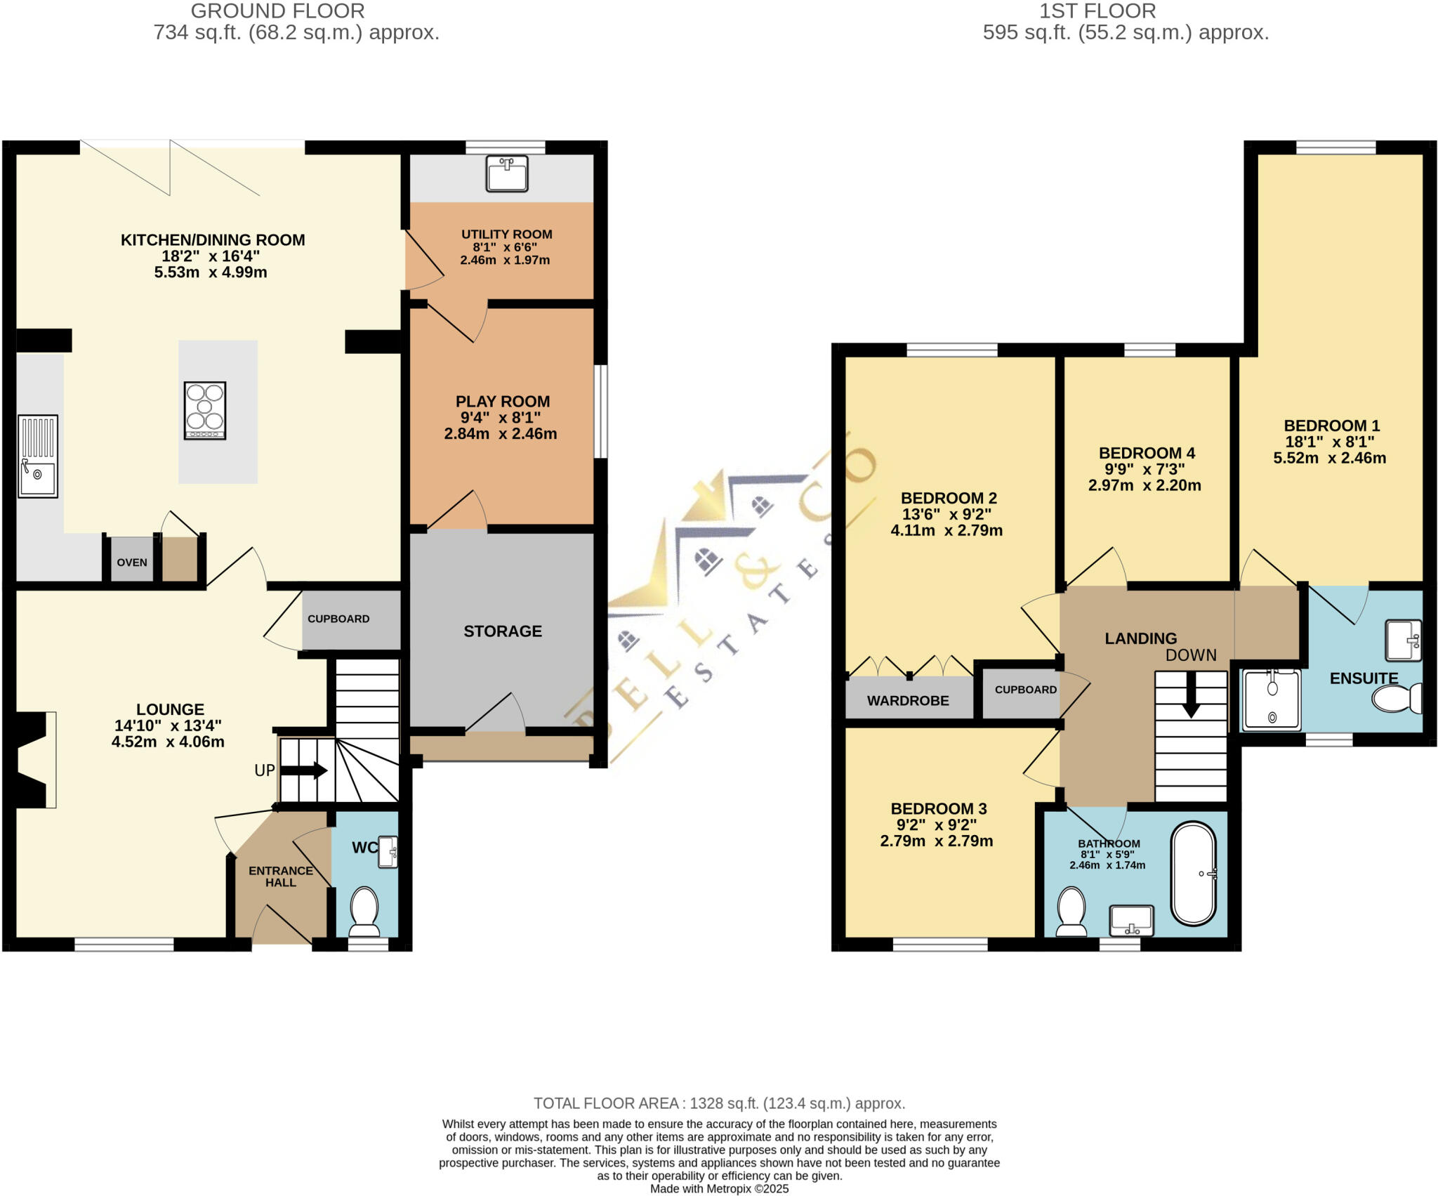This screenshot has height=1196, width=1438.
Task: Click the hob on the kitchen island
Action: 205,410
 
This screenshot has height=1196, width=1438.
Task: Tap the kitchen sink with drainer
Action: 38,456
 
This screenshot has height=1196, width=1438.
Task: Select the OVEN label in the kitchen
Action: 132,563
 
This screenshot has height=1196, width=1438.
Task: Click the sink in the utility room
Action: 507,173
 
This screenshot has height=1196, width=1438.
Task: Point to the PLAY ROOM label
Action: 503,402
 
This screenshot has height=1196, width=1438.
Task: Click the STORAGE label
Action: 503,631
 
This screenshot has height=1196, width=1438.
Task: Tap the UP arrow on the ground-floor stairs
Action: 304,770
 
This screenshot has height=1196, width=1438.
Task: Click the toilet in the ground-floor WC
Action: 364,911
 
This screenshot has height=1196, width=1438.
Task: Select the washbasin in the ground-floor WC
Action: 388,852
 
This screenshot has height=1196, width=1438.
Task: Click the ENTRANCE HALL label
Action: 281,876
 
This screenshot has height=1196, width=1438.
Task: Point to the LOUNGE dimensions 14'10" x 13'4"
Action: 169,725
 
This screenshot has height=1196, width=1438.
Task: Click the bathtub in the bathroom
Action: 1194,873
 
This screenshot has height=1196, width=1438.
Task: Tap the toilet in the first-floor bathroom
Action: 1071,912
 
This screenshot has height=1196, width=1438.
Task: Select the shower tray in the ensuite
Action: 1272,700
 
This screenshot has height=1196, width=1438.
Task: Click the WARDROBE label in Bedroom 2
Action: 908,700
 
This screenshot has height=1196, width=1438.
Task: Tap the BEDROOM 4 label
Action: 1147,453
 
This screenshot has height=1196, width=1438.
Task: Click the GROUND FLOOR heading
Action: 278,11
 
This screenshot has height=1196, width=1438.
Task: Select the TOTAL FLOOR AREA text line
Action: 719,1103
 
